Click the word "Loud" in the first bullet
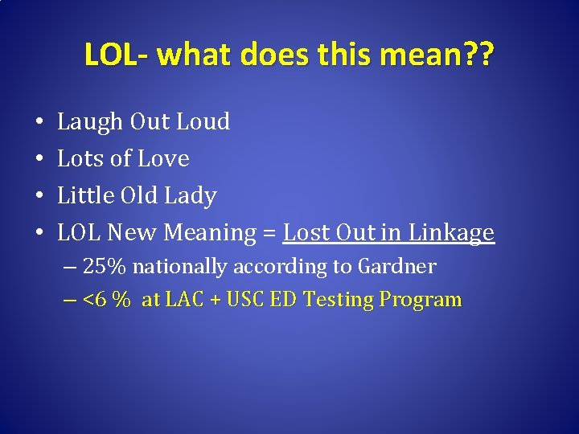(203, 122)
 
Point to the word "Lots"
(79, 159)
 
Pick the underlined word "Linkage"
(451, 233)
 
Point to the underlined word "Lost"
(306, 233)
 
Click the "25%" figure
(103, 267)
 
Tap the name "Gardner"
(397, 267)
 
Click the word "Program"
(421, 301)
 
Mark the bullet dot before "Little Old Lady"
(39, 196)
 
